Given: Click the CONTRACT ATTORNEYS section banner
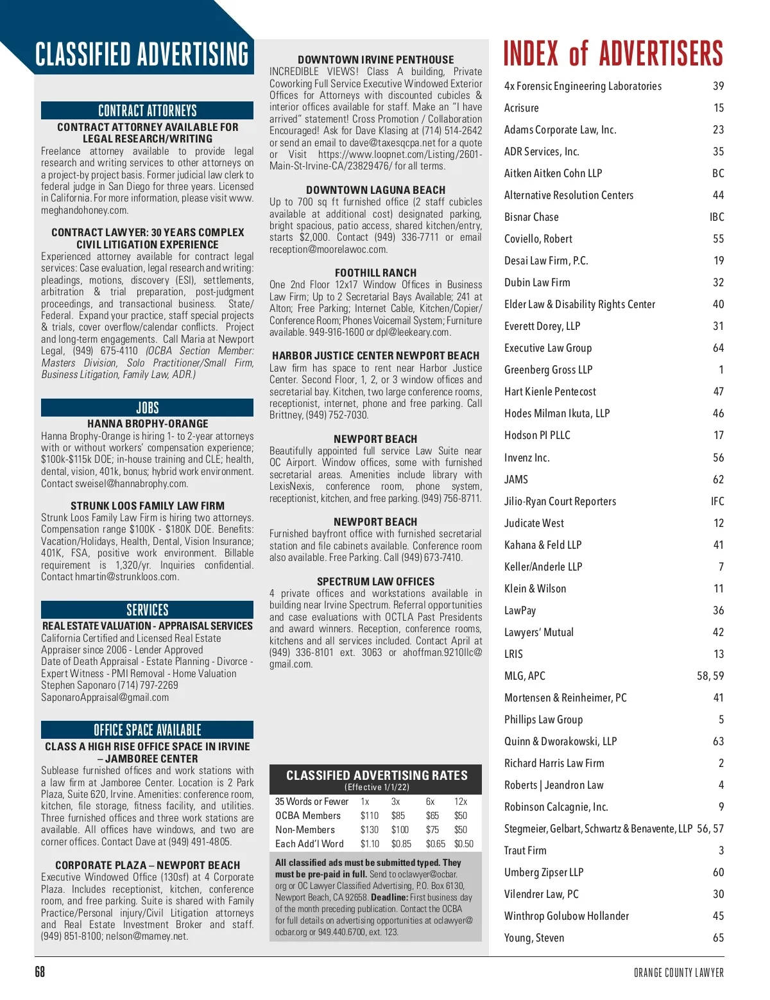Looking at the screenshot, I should (147, 110).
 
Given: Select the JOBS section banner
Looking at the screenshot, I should (147, 408).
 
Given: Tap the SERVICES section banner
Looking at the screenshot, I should (147, 610).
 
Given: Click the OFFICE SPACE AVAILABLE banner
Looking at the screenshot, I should (147, 730).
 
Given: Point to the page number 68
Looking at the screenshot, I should (40, 972).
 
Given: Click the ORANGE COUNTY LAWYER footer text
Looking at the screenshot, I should (678, 972).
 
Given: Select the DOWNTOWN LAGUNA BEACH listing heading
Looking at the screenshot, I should (375, 190).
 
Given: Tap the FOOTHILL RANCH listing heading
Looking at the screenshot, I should (375, 273).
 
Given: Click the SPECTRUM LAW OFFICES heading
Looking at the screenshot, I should (375, 582).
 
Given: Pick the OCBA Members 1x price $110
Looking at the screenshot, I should (369, 816).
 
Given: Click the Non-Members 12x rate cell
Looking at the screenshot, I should (460, 830).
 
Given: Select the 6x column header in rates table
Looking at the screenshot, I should (430, 802).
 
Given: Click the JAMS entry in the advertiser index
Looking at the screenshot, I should (516, 479).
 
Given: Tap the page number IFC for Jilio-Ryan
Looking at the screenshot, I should (717, 501).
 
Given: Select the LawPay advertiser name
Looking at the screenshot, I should (520, 610).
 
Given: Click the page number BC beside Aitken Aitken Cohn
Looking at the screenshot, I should (717, 173).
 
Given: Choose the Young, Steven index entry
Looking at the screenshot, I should (534, 938).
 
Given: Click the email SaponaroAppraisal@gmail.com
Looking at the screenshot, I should (105, 698).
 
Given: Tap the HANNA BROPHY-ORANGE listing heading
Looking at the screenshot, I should (148, 424).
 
